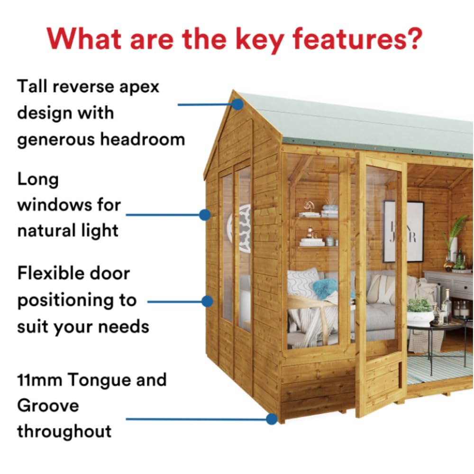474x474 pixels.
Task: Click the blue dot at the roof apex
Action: point(237,104)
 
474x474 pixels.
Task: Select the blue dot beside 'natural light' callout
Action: point(204,215)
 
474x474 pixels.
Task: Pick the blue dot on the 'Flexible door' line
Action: point(207,301)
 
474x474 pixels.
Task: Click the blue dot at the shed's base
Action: point(271,419)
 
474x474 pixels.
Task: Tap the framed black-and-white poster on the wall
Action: point(403,231)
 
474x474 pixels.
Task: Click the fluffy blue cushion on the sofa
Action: point(326,287)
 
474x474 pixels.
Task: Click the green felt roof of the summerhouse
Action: point(360,123)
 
